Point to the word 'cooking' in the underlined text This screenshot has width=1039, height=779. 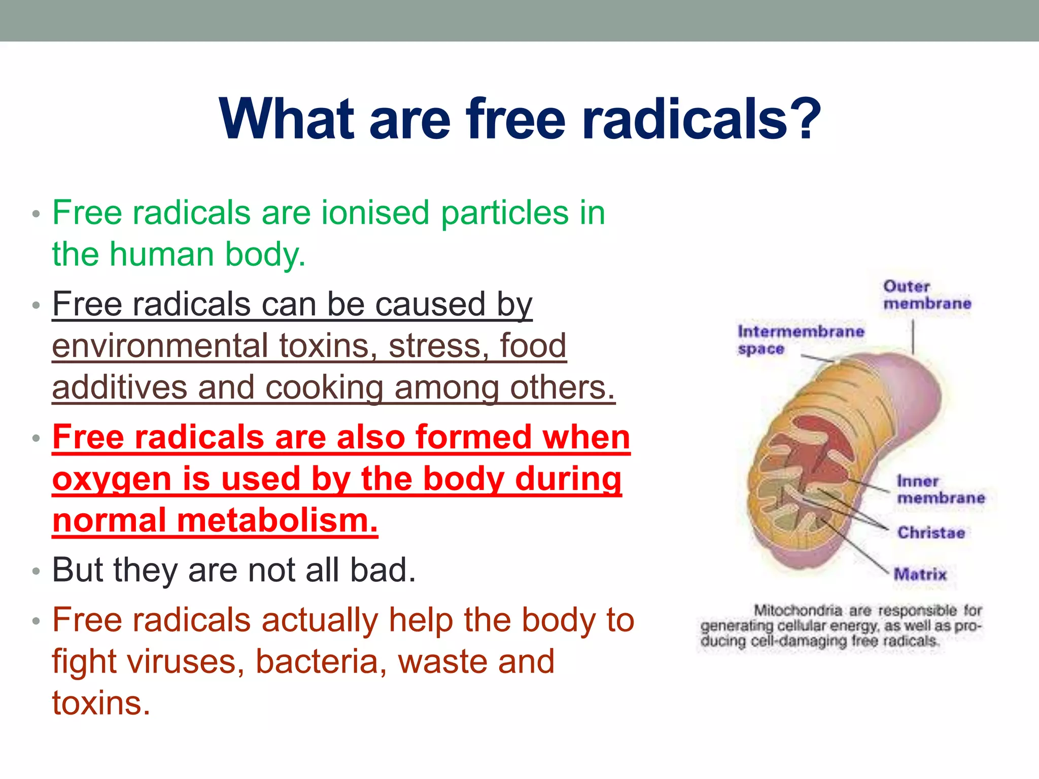(x=324, y=388)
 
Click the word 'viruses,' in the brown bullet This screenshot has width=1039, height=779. (x=185, y=662)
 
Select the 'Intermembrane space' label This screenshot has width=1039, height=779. (x=800, y=340)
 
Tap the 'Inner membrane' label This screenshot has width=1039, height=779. (x=940, y=489)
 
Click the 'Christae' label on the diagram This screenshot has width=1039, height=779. (x=931, y=533)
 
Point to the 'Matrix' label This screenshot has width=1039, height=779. (x=920, y=574)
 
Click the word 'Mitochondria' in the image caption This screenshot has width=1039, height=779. (x=798, y=610)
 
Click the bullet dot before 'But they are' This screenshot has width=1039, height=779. (x=36, y=572)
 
